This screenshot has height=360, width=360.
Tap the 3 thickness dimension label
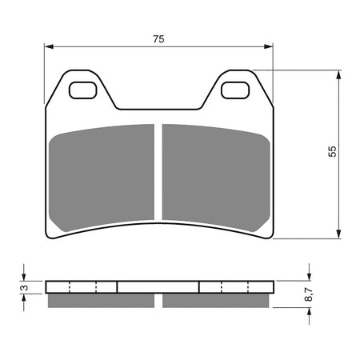25,286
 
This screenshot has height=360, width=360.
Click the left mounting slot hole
82,90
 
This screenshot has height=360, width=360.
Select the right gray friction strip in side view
216,301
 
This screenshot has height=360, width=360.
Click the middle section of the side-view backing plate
158,286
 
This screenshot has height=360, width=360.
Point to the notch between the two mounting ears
158,106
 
